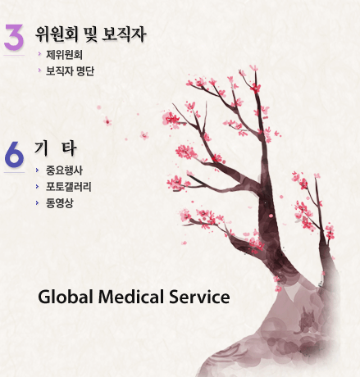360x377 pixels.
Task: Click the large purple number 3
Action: (x=14, y=37)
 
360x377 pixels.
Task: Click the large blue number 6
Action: (x=14, y=154)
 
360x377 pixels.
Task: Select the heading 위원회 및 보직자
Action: (x=90, y=34)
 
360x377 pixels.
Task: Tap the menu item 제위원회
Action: (x=64, y=55)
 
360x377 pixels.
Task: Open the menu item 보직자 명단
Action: (x=70, y=71)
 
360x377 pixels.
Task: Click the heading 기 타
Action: (x=55, y=148)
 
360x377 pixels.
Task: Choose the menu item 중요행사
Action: (x=64, y=170)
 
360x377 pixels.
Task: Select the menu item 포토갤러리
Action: (x=69, y=187)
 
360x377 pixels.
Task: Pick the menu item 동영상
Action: (x=60, y=203)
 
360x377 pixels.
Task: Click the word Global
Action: (x=66, y=297)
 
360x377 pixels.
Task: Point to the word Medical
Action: (x=131, y=297)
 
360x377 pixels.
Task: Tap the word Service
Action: (x=199, y=297)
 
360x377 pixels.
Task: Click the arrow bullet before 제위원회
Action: (x=39, y=54)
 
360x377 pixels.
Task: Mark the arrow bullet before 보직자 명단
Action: (x=39, y=70)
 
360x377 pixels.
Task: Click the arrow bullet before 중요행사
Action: (x=37, y=170)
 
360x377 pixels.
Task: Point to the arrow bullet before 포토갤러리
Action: (x=37, y=187)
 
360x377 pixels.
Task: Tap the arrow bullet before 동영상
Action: (x=37, y=203)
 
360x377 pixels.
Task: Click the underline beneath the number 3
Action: (x=14, y=55)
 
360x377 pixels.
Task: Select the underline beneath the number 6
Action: (x=14, y=172)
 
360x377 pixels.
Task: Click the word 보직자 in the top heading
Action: (x=124, y=34)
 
